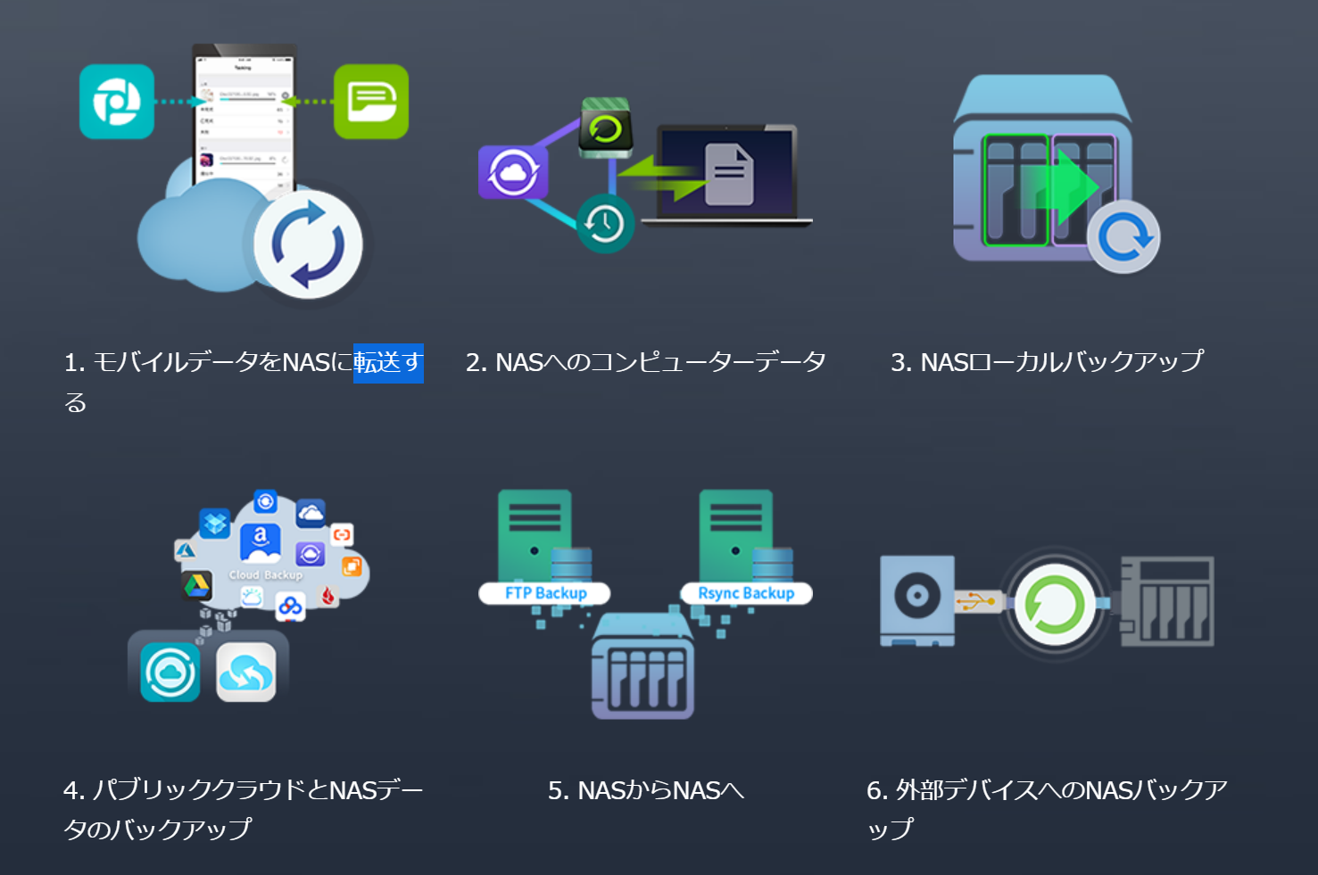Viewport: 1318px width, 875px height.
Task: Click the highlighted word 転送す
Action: pyautogui.click(x=388, y=363)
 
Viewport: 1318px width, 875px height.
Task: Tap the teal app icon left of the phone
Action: pyautogui.click(x=117, y=102)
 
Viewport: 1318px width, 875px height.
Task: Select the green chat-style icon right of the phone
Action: pyautogui.click(x=371, y=102)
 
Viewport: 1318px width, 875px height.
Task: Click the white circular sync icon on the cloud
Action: pyautogui.click(x=308, y=244)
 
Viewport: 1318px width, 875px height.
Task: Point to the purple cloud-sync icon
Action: pyautogui.click(x=512, y=172)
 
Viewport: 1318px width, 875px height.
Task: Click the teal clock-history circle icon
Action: pyautogui.click(x=605, y=223)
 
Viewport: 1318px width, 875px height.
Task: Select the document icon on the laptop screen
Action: pyautogui.click(x=729, y=175)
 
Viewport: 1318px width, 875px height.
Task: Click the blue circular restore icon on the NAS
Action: pyautogui.click(x=1123, y=237)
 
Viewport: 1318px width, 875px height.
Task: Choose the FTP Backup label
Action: pyautogui.click(x=545, y=593)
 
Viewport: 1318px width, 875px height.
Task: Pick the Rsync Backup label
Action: pyautogui.click(x=746, y=593)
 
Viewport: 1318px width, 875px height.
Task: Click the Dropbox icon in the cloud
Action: pyautogui.click(x=215, y=523)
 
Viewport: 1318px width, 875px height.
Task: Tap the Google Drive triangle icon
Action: pyautogui.click(x=196, y=585)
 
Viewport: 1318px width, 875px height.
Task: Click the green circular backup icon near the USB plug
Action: pyautogui.click(x=1055, y=604)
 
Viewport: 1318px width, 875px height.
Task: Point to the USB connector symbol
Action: pyautogui.click(x=978, y=602)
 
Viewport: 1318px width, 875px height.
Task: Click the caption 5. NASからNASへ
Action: pyautogui.click(x=646, y=791)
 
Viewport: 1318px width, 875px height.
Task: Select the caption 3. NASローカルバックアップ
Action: pyautogui.click(x=1047, y=362)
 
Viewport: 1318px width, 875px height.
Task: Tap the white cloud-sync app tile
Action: pyautogui.click(x=246, y=673)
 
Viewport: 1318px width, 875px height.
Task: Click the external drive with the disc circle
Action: pyautogui.click(x=917, y=598)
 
